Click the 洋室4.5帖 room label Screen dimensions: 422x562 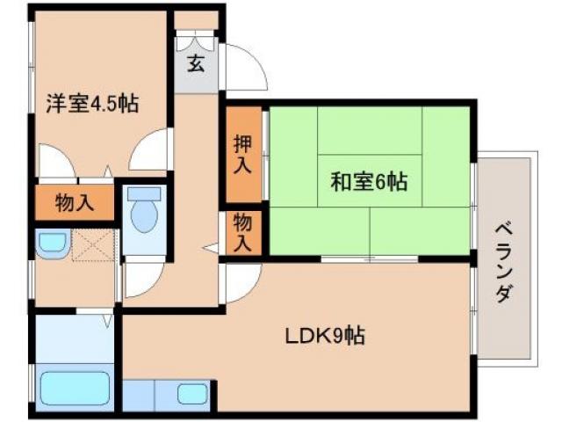tap(92, 103)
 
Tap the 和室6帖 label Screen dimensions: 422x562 tap(368, 183)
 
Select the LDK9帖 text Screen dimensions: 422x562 tap(324, 335)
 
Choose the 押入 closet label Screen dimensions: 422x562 tap(242, 155)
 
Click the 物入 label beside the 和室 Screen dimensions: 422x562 tap(242, 234)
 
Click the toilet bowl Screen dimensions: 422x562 tap(142, 214)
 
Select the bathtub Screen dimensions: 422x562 tap(74, 388)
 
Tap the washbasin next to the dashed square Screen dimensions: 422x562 tap(52, 244)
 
